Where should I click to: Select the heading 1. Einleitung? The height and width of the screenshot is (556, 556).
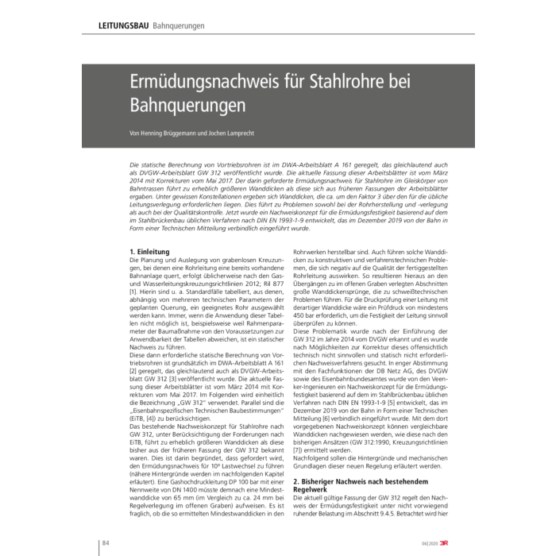(150, 252)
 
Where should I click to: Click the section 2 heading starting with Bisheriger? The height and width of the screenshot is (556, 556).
(344, 481)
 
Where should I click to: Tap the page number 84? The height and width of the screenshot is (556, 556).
(105, 542)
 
